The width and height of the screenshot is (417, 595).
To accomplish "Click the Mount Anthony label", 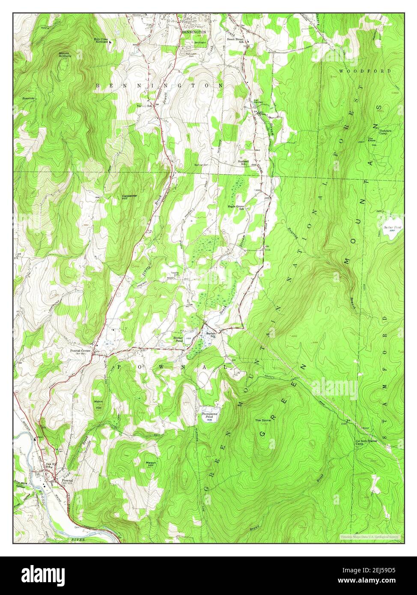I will (66, 55).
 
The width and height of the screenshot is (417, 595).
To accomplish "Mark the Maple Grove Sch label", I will (236, 207).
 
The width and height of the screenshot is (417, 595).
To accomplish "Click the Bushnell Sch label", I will (243, 163).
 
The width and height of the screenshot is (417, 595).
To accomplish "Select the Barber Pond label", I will (178, 339).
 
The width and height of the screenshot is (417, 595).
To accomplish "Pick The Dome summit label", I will (263, 420).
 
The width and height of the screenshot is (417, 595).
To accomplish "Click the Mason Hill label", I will (151, 464).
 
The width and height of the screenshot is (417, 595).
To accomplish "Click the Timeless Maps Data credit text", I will (370, 536).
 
